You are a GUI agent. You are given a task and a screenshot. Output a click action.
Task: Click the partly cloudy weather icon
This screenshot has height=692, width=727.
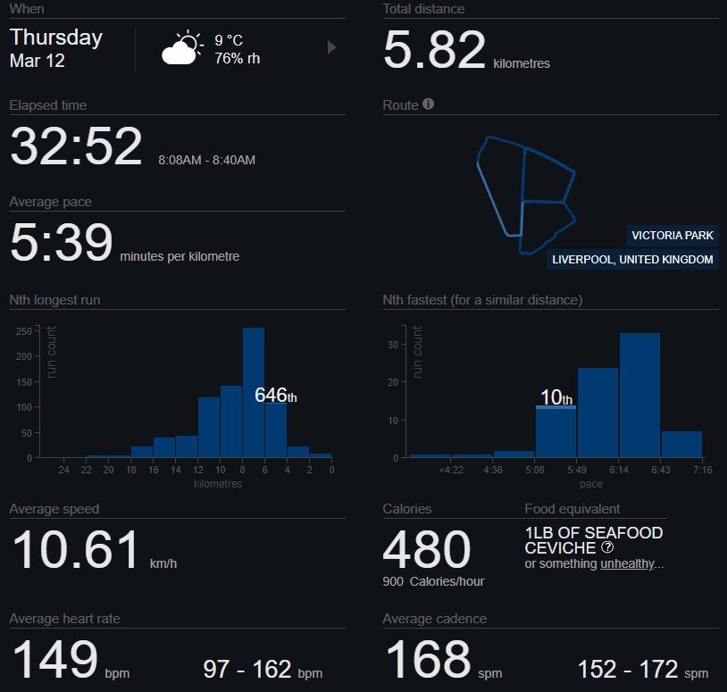(x=181, y=48)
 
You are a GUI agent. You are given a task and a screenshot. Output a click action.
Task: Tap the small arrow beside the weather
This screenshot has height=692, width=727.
(x=332, y=47)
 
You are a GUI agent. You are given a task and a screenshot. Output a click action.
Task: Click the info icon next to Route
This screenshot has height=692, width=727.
(x=429, y=104)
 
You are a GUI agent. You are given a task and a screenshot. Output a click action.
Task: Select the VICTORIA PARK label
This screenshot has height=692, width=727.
(x=673, y=236)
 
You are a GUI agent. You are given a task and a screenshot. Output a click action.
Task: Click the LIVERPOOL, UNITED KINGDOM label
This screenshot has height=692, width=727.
(x=633, y=260)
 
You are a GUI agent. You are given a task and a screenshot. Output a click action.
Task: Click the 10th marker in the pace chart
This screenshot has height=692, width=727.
(x=556, y=398)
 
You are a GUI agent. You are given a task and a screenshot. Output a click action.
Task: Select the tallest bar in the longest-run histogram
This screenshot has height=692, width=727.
(x=254, y=393)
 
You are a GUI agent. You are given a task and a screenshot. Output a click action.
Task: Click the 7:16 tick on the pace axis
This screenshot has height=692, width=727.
(x=702, y=470)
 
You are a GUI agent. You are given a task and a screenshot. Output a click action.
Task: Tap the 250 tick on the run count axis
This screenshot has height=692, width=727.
(x=25, y=331)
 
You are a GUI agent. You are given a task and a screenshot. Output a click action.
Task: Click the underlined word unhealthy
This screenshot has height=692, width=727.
(x=629, y=564)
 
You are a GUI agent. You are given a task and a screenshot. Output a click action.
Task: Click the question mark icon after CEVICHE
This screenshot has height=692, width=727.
(x=607, y=547)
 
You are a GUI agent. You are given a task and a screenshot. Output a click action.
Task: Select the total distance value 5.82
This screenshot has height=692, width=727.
(x=434, y=50)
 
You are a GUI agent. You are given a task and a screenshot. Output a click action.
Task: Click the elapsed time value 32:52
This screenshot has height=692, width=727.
(x=76, y=146)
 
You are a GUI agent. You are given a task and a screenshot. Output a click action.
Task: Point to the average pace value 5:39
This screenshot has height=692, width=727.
(x=62, y=243)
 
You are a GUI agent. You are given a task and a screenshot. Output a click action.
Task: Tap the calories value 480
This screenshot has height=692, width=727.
(x=427, y=549)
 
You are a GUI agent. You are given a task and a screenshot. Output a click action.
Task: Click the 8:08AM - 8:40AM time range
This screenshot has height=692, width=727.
(x=206, y=160)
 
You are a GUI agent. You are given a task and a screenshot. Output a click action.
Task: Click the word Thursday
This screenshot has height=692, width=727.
(x=56, y=38)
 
